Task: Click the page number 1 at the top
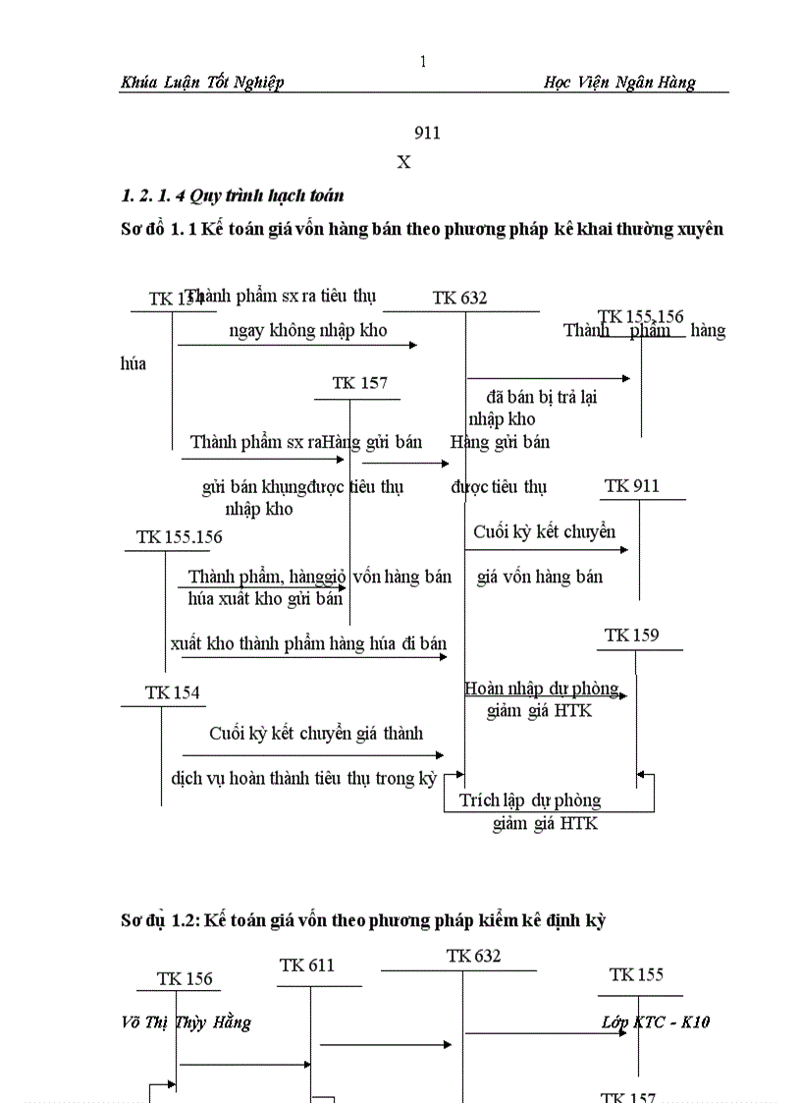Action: (x=423, y=62)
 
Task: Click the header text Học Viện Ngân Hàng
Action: (x=618, y=83)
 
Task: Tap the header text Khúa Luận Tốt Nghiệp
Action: (x=202, y=83)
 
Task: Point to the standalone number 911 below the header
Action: (x=427, y=134)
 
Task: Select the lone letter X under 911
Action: (x=403, y=163)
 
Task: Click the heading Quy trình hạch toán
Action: (x=232, y=195)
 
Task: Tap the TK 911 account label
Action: (x=631, y=486)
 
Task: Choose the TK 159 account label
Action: (x=631, y=635)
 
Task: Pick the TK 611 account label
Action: (x=306, y=965)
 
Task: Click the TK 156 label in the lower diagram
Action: (x=185, y=979)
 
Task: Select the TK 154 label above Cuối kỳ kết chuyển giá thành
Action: (x=172, y=693)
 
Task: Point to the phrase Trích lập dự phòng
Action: (x=530, y=800)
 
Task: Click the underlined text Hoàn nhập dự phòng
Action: (x=542, y=689)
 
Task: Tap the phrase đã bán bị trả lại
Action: (x=542, y=398)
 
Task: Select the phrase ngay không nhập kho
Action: (x=308, y=331)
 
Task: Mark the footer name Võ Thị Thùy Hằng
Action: (x=186, y=1022)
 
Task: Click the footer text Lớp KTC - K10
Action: (x=656, y=1022)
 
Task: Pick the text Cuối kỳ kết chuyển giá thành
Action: (x=316, y=734)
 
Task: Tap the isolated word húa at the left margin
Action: (x=133, y=364)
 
